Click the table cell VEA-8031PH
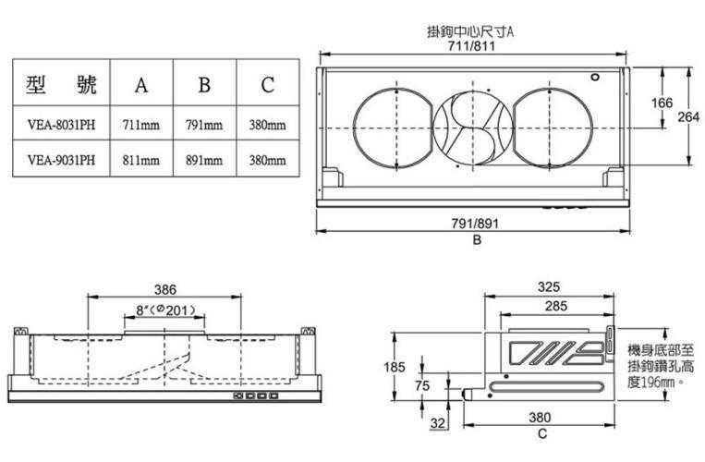(61, 124)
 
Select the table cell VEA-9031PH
(61, 160)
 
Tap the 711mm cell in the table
(141, 124)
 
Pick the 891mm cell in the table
(204, 160)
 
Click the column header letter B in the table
(204, 84)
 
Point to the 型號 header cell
(61, 83)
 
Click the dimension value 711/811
(471, 46)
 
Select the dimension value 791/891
(475, 224)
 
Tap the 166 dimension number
(662, 103)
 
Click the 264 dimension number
(688, 116)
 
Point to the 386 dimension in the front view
(165, 289)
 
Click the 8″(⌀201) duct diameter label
(166, 310)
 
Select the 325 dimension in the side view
(549, 286)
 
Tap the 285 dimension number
(556, 306)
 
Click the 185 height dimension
(395, 367)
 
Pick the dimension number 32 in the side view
(437, 423)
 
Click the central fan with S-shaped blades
(472, 128)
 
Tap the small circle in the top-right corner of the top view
(595, 77)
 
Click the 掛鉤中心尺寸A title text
(470, 32)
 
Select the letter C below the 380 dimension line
(542, 434)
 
